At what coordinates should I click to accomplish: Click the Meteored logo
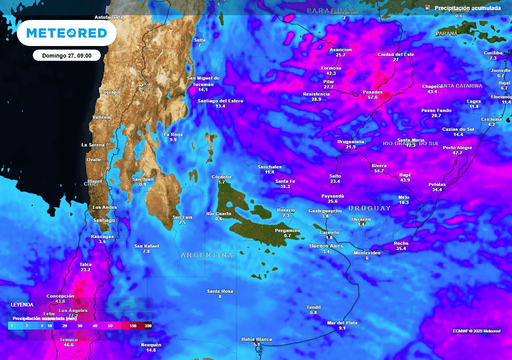coord(66,33)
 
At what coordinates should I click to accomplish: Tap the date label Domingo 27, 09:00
coord(66,55)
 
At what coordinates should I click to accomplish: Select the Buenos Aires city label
coord(326,245)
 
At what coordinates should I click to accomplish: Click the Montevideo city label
coord(367,253)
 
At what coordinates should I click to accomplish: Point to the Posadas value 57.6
coord(372,97)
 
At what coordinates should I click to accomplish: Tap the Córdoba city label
coord(221,177)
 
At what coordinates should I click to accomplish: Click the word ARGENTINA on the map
coord(206,255)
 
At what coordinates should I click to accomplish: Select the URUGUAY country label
coord(369,208)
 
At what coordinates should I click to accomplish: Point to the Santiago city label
coord(104,220)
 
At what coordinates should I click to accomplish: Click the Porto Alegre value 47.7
coord(457,153)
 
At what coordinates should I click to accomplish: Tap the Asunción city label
coord(340,49)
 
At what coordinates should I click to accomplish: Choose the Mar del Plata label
coord(342,322)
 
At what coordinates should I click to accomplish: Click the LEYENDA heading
coord(22,304)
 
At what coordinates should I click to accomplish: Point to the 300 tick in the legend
coord(148,326)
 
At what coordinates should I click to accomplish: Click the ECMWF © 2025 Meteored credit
coord(476,331)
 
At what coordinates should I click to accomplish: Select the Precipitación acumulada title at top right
coord(467,8)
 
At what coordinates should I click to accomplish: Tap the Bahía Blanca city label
coord(256,339)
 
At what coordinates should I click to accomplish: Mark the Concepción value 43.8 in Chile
coord(60,301)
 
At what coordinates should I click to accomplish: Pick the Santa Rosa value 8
coord(219,296)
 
